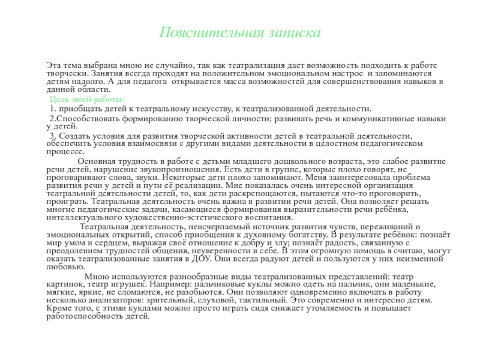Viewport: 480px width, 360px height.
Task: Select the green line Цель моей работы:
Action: coord(88,99)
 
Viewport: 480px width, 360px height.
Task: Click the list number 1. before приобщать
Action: coord(53,109)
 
